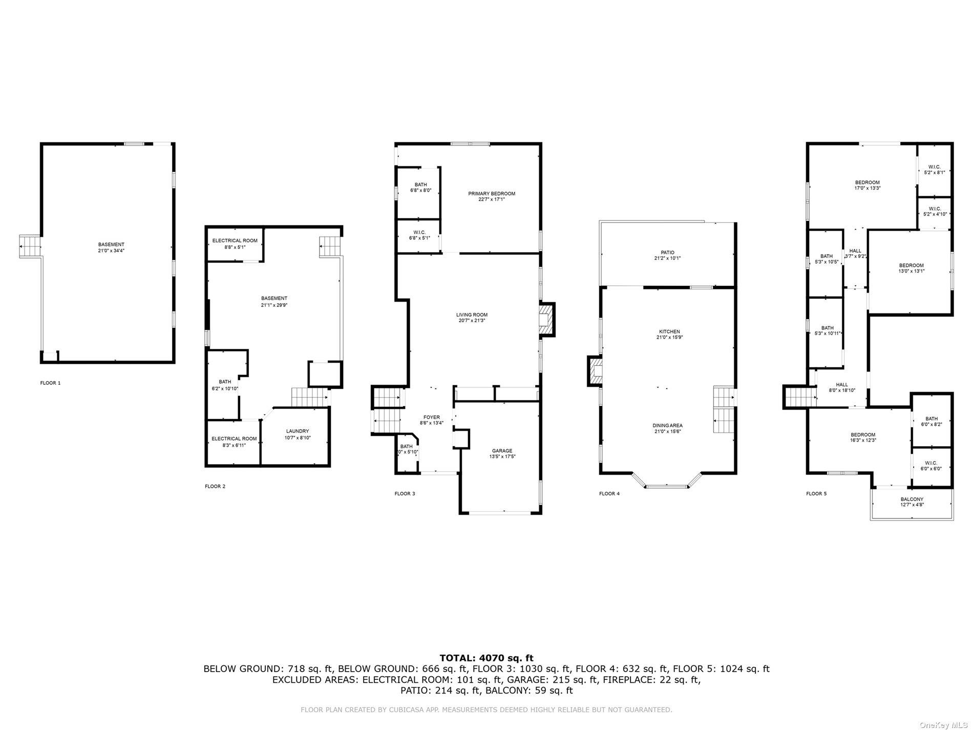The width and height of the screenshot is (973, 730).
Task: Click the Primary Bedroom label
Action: tap(491, 194)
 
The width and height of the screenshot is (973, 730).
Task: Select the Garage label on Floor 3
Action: tap(501, 451)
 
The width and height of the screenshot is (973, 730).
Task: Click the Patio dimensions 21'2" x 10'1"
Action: tap(667, 258)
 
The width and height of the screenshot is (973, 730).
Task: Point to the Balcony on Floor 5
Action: tap(912, 502)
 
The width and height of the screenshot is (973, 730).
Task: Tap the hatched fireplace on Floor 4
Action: tap(596, 371)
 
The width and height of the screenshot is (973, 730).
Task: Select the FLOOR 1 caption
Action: tap(50, 383)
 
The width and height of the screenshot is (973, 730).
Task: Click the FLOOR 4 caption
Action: tap(609, 493)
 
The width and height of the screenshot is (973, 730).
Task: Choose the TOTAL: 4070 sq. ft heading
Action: tap(486, 658)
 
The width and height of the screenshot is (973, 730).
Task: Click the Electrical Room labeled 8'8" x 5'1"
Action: tap(235, 243)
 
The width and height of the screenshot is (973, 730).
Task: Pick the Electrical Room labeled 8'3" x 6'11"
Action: tap(234, 442)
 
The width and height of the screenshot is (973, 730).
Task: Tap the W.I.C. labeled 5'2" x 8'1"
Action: tap(934, 170)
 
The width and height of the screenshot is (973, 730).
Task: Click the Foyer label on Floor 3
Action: tap(431, 418)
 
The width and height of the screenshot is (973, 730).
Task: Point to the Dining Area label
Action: tap(667, 426)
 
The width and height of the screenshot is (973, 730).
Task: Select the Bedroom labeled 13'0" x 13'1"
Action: tap(911, 268)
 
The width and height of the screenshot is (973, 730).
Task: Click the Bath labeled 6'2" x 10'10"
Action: tap(225, 385)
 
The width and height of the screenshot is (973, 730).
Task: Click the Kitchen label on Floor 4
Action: tap(669, 331)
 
